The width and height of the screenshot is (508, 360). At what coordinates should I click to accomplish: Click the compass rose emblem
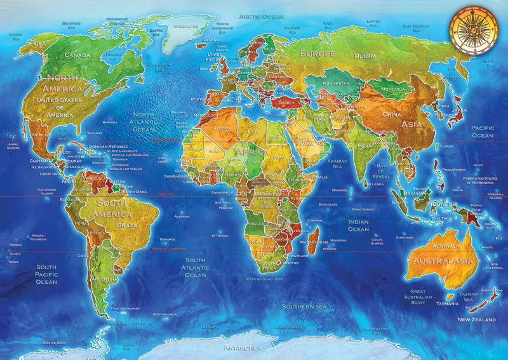pyautogui.click(x=472, y=30)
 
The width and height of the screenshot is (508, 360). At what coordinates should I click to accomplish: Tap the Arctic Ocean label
pyautogui.click(x=261, y=17)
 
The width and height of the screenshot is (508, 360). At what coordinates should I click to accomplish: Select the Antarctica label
pyautogui.click(x=243, y=348)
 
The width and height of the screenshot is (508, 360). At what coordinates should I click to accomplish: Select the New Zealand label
pyautogui.click(x=476, y=319)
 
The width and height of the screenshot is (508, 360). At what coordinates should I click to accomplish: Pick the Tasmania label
pyautogui.click(x=448, y=303)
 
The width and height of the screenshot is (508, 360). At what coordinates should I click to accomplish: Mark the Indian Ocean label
pyautogui.click(x=358, y=225)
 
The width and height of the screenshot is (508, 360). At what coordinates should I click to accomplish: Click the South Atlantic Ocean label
pyautogui.click(x=195, y=267)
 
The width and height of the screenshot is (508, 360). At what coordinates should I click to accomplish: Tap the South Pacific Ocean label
pyautogui.click(x=46, y=274)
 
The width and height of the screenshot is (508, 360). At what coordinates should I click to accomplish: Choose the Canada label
pyautogui.click(x=77, y=55)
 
